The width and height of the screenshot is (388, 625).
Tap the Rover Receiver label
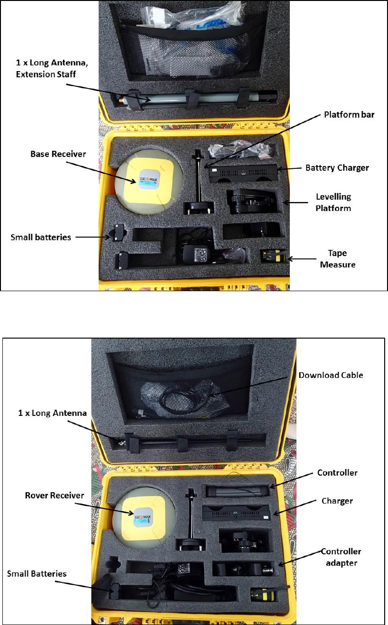[55, 496]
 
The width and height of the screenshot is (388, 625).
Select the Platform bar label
[349, 115]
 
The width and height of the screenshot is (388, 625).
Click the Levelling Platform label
[333, 202]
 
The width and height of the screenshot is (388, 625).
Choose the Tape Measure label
[337, 258]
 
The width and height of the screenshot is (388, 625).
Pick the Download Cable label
[331, 375]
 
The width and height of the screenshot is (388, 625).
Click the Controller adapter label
[341, 557]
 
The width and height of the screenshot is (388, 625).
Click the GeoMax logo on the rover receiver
[141, 514]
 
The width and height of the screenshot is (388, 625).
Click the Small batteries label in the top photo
[41, 237]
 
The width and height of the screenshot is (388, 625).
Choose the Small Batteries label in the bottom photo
[37, 574]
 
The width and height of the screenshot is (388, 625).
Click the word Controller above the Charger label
[337, 473]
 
